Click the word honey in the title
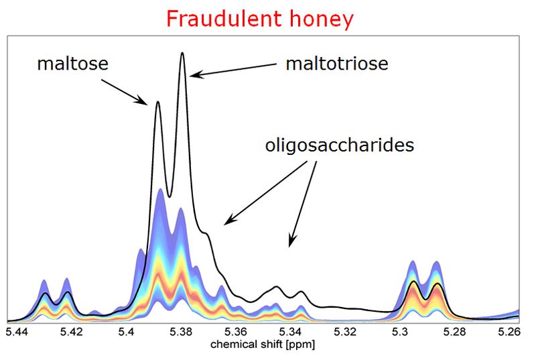point(322,20)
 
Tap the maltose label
point(73,64)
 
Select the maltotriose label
point(337,64)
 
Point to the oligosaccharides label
point(340,145)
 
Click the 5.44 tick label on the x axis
point(17,332)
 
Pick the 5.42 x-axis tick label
point(72,332)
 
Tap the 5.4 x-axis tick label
point(127,332)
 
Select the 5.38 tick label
point(181,332)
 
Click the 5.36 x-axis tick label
point(236,332)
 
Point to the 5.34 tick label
point(291,332)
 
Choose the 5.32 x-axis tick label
point(345,332)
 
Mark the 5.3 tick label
point(400,332)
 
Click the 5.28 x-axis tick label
point(455,332)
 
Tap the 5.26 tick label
point(509,332)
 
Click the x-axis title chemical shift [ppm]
point(263,345)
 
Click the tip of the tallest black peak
point(182,53)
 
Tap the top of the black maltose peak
point(157,101)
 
